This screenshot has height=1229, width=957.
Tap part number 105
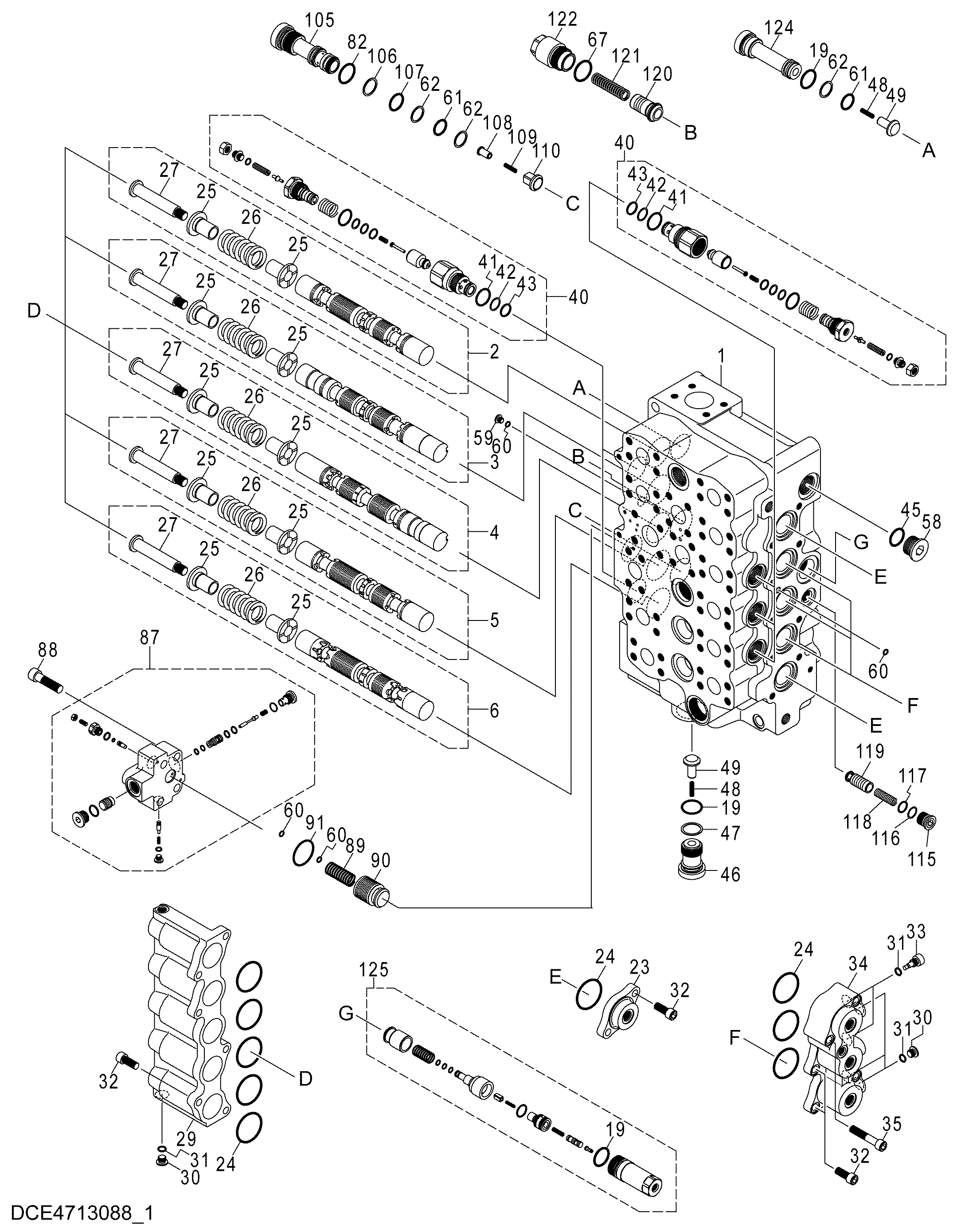pyautogui.click(x=319, y=21)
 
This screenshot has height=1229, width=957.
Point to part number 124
pyautogui.click(x=778, y=27)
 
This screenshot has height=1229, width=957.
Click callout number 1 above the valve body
pyautogui.click(x=722, y=357)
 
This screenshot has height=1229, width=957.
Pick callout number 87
pyautogui.click(x=150, y=638)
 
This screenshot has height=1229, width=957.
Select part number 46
pyautogui.click(x=730, y=874)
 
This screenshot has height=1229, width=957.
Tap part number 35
pyautogui.click(x=891, y=1124)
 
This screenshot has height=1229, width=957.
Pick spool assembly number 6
pyautogui.click(x=494, y=711)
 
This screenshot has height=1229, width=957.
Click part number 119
pyautogui.click(x=870, y=751)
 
